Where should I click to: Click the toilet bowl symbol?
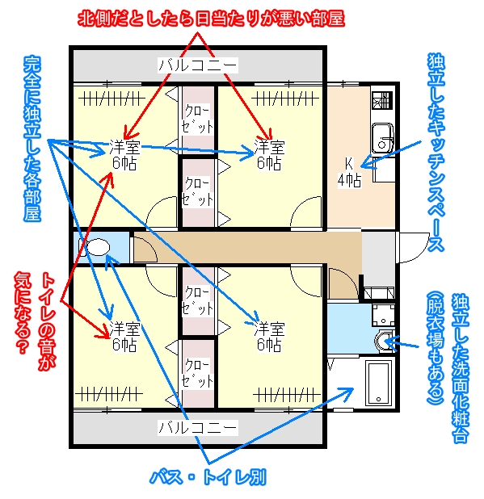coord(95,247)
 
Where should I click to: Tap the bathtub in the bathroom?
coord(379,384)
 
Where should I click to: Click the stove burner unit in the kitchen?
coord(382,100)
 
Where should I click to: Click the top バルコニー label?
coord(198,65)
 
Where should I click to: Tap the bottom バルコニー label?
coord(198,427)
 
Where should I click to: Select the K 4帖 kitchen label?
coord(349,172)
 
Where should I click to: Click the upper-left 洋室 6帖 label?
coord(124,155)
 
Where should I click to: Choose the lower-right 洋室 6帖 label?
coord(269,337)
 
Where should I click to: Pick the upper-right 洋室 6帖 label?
coord(269,155)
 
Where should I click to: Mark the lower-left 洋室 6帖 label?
coord(124,337)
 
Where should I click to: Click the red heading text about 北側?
coord(211,19)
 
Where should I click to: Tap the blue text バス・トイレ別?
coord(208,477)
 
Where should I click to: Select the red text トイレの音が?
coord(47,322)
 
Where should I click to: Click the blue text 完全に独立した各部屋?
coord(32,139)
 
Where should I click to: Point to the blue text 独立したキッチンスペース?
coord(436,153)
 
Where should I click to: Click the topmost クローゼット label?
coord(197,119)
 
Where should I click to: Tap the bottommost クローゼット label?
coord(197,373)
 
